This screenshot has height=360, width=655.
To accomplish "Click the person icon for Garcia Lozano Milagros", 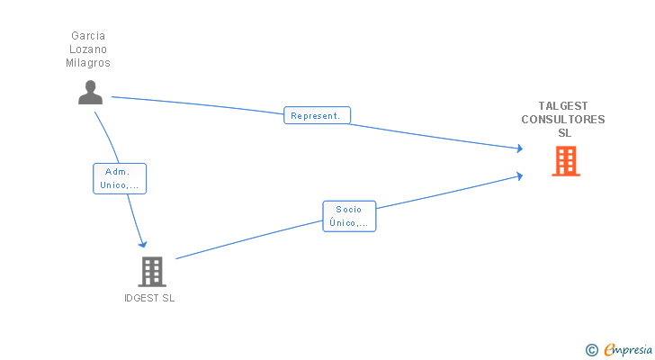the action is [x=90, y=93].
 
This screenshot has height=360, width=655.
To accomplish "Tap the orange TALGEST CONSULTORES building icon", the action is [x=565, y=161].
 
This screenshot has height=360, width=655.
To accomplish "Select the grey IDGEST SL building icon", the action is [x=152, y=271].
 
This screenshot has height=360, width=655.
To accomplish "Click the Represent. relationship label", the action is [x=317, y=116].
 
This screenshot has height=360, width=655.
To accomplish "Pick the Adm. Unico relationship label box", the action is [x=120, y=178].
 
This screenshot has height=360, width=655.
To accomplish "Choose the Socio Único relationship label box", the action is [x=349, y=216].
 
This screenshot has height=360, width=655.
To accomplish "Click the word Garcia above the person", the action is [x=88, y=36].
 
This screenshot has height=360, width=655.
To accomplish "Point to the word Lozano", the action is [x=88, y=49].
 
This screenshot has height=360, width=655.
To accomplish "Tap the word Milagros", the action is [x=88, y=63].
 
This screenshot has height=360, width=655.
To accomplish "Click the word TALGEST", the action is [x=563, y=106].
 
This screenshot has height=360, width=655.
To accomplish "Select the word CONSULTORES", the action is [x=563, y=120].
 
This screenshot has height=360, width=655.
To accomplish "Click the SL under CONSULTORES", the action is [x=564, y=133].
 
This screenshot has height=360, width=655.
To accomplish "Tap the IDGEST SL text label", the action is [x=149, y=299].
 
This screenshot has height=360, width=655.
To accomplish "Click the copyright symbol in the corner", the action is [x=592, y=350].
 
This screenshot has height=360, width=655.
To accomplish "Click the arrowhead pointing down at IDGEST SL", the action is [x=141, y=242].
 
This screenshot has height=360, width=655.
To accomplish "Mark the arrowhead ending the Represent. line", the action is [x=518, y=148].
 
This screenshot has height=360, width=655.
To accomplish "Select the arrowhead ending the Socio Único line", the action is [x=519, y=175].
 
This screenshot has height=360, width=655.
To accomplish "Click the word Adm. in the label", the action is [x=118, y=172].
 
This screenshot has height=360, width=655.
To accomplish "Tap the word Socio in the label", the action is [x=348, y=210].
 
